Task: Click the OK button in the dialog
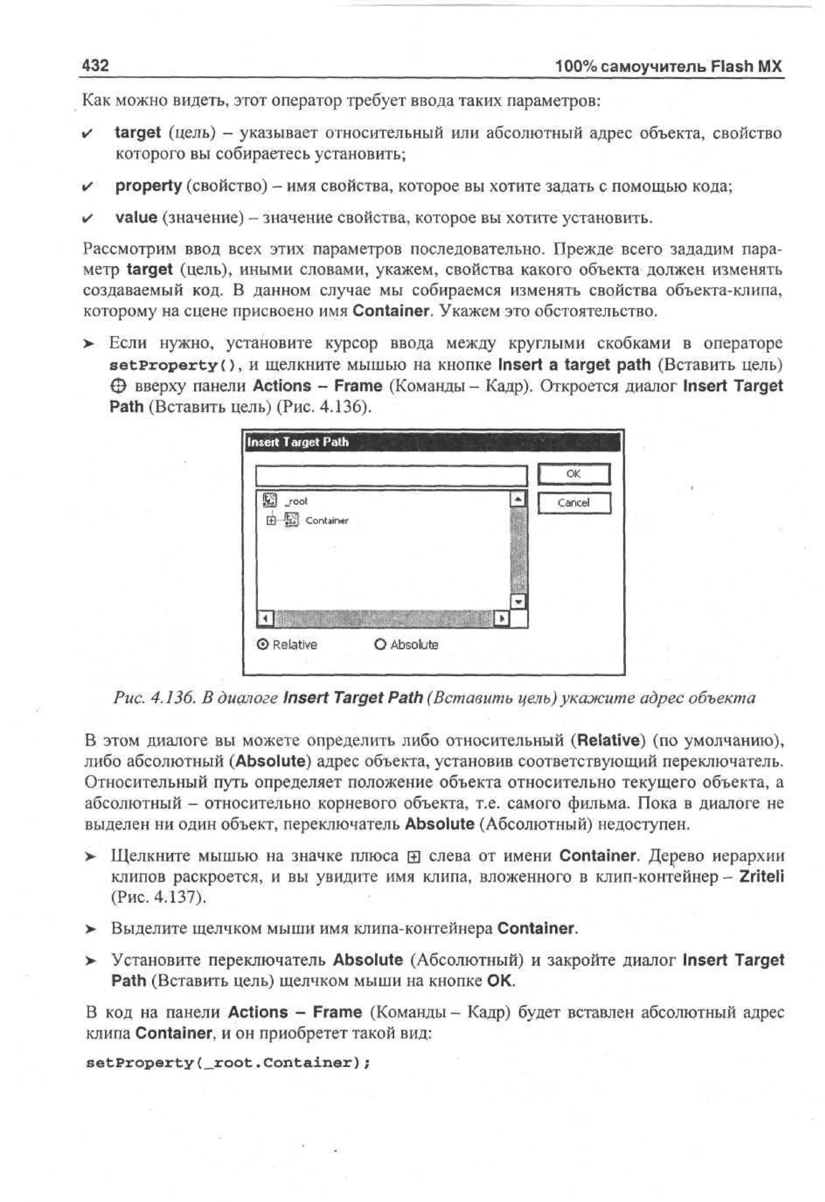point(574,474)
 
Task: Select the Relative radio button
point(263,645)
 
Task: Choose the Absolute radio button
point(380,645)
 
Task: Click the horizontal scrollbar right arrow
point(501,619)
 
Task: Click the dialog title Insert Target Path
point(298,442)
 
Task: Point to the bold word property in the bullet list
point(149,186)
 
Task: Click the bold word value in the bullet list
point(136,217)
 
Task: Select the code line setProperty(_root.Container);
point(228,1063)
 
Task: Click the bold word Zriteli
point(761,877)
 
